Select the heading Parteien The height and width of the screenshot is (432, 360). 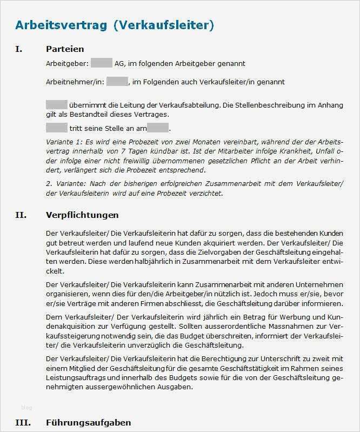point(65,49)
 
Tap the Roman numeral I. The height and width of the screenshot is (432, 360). point(19,49)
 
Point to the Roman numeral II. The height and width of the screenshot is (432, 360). point(21,215)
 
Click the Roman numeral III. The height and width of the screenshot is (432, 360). point(23,422)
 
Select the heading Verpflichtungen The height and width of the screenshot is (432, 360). point(82,215)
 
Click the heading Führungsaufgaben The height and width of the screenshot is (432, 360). point(89,422)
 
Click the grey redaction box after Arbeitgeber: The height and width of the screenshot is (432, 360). point(101,63)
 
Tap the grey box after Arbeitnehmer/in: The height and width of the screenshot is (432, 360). point(117,82)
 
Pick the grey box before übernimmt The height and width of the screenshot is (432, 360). point(56,104)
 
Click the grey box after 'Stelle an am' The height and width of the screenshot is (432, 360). point(158,128)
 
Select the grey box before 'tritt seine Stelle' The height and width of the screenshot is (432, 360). point(56,128)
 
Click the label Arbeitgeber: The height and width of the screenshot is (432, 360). point(67,63)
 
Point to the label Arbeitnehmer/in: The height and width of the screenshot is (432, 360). point(75,82)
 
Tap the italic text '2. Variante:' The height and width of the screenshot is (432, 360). point(65,184)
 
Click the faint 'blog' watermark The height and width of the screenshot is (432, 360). point(26,407)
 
